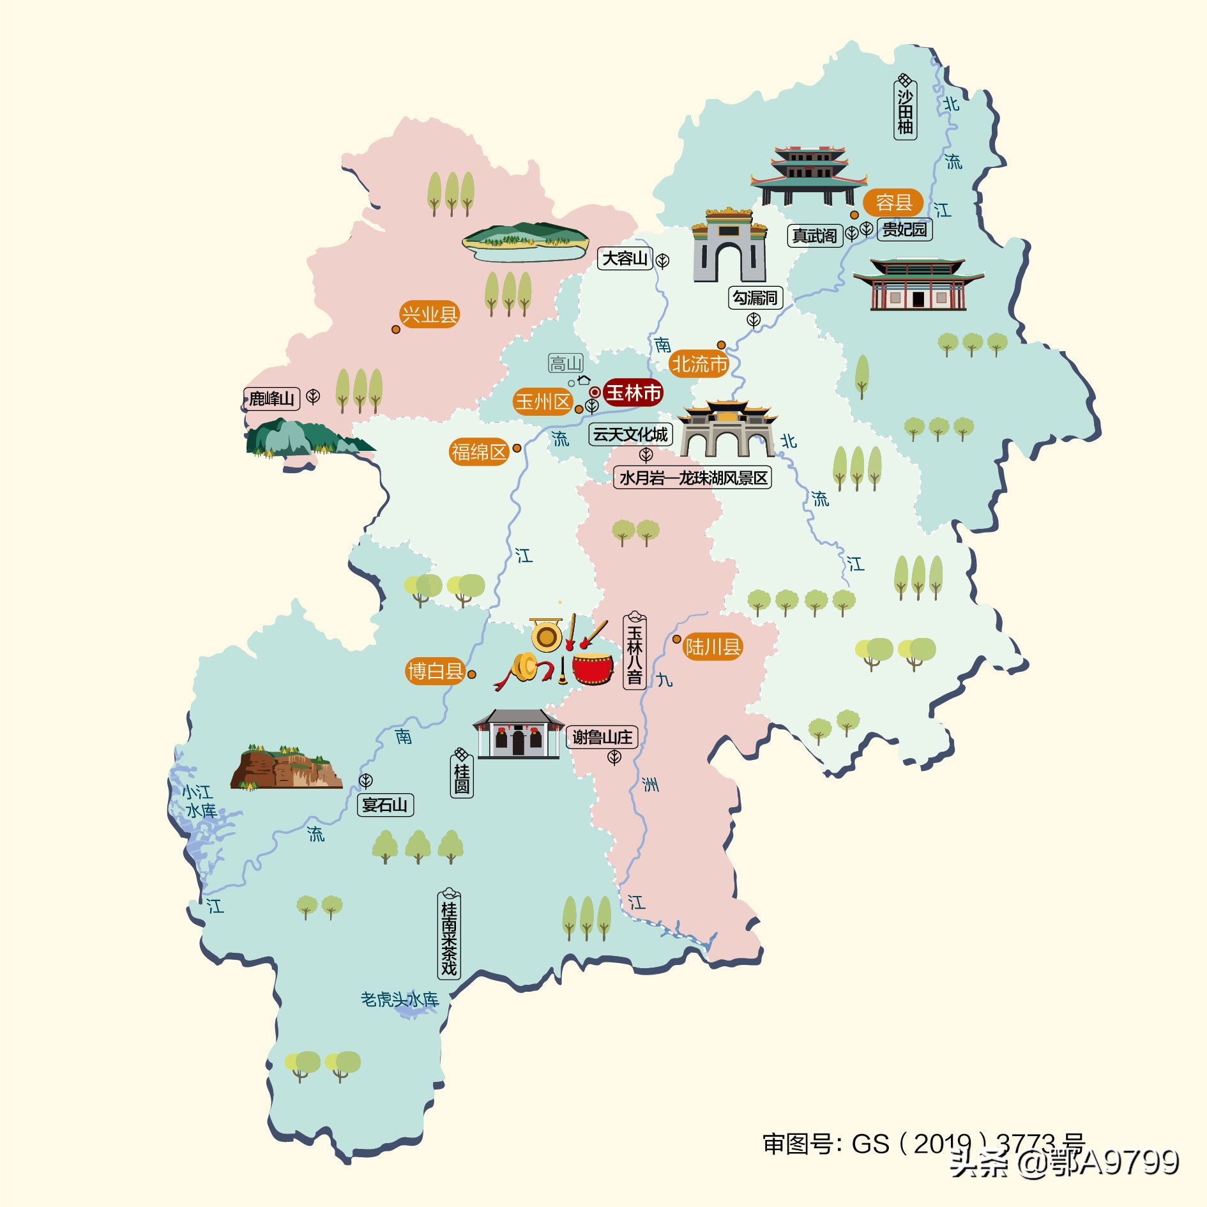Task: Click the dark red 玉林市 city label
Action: [632, 392]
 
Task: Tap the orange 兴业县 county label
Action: [429, 314]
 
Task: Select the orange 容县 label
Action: [893, 203]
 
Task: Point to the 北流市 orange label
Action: [699, 364]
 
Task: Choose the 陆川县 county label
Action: [713, 647]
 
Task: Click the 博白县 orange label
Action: [436, 671]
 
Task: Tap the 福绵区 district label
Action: [479, 452]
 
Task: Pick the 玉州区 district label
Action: [543, 402]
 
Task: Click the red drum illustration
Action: [593, 668]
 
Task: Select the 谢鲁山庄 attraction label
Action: [602, 738]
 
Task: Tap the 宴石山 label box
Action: [385, 805]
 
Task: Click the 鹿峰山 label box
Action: [271, 399]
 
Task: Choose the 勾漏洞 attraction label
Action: [755, 298]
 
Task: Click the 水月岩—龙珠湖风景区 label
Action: [693, 478]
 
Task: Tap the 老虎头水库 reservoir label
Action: [400, 999]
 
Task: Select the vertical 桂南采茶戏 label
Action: [449, 935]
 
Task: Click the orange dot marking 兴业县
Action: [396, 330]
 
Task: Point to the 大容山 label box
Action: [625, 259]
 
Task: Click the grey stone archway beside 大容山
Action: [729, 246]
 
